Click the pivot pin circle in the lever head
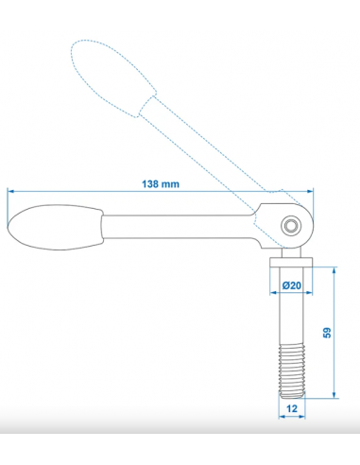[x=291, y=225]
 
